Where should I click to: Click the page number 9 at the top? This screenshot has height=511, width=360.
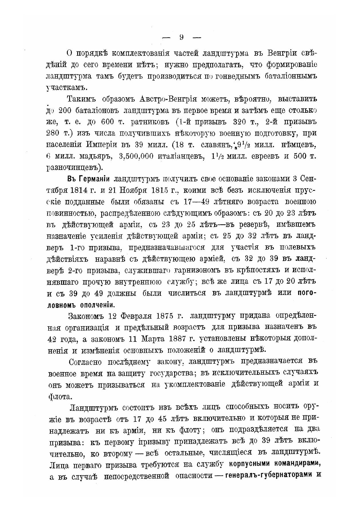[181, 37]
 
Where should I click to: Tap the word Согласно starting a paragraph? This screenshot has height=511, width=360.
[85, 362]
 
